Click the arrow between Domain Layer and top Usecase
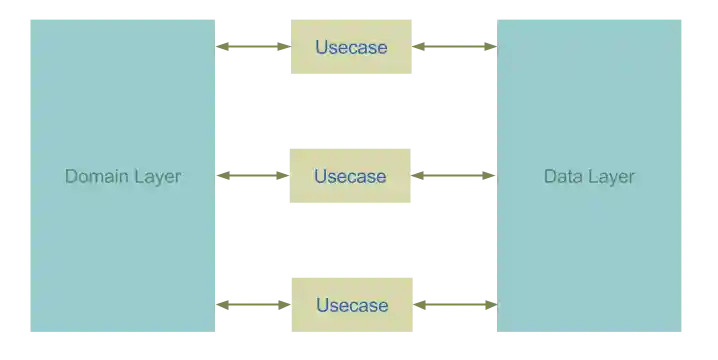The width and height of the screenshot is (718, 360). tap(252, 47)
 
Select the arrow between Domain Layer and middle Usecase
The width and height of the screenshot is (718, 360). tap(252, 177)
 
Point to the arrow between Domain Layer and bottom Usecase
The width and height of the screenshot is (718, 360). tap(252, 304)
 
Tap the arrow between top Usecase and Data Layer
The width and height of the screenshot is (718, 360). tap(455, 47)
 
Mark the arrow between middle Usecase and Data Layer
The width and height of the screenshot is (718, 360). tap(455, 177)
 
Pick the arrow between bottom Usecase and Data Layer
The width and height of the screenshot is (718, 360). tap(455, 304)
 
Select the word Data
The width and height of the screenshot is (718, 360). tap(563, 177)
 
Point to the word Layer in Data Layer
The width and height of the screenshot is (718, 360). tap(610, 177)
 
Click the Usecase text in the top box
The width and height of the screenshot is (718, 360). tap(351, 47)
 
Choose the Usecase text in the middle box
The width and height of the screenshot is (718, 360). tap(350, 177)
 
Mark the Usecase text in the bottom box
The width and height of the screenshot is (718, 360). tap(352, 305)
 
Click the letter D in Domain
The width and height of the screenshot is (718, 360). tap(72, 177)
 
